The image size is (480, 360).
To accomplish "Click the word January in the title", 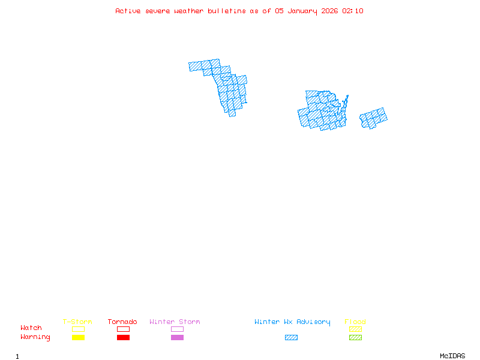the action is [x=301, y=11].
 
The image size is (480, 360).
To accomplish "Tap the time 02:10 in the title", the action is [x=352, y=11].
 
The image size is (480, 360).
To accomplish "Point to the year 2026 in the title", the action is [x=329, y=11].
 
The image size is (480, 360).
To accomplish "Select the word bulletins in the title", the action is [x=227, y=11].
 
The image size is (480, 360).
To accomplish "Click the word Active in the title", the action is [x=128, y=11].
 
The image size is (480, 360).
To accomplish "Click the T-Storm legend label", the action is [x=77, y=322].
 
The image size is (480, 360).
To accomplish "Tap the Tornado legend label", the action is [x=122, y=322].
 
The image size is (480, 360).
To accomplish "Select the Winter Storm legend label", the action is [x=175, y=322].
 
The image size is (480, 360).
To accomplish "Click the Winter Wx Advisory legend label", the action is [x=292, y=322].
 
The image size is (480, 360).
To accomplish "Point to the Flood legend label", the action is [x=355, y=322].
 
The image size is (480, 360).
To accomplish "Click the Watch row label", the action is [x=31, y=328].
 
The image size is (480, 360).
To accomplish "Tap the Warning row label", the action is [x=35, y=337].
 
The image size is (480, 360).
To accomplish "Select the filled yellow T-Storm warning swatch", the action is [x=78, y=338].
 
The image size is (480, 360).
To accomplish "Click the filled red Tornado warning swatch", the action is [x=123, y=338].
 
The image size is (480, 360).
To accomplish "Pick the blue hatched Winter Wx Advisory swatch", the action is [x=291, y=338].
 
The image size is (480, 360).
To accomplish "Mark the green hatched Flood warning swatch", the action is [x=355, y=338].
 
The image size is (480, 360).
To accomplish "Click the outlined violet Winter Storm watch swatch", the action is [x=177, y=329].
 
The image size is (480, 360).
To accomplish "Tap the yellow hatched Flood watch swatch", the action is [x=355, y=329].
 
